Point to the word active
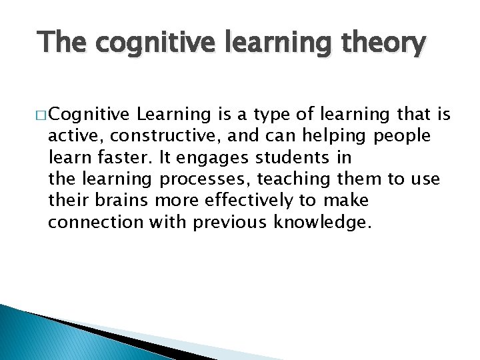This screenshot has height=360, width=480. [69, 136]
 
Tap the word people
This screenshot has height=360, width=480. [403, 136]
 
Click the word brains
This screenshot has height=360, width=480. [116, 200]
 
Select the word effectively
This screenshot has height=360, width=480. [241, 200]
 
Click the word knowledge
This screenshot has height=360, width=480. [321, 221]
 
